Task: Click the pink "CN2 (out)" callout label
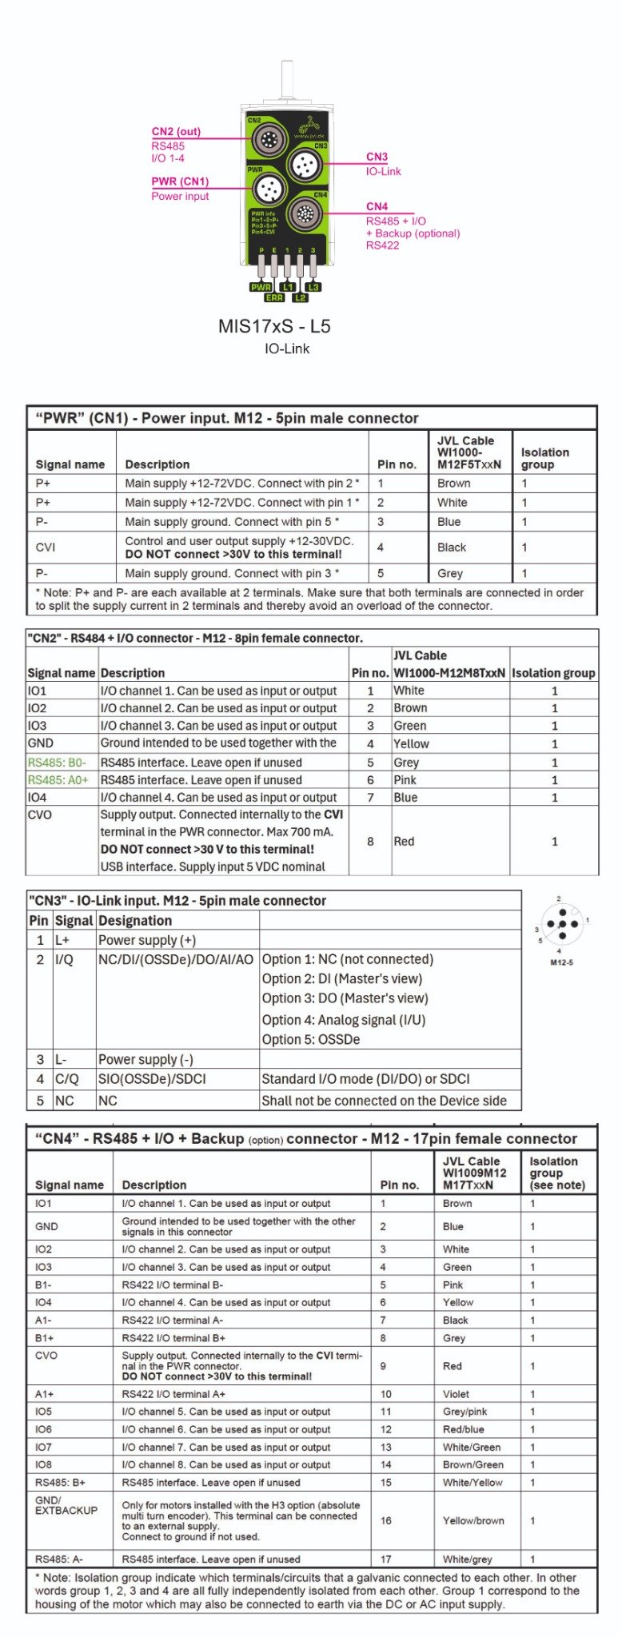point(176,132)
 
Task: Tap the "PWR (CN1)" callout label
point(180,181)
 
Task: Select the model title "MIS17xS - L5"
point(274,326)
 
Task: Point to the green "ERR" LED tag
point(274,297)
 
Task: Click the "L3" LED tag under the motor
point(313,287)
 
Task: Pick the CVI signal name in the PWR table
point(45,548)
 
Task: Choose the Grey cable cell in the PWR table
point(450,573)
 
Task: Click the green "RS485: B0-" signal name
point(57,763)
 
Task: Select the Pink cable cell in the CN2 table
point(405,780)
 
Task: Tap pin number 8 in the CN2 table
point(370,841)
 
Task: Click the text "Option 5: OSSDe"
point(311,1039)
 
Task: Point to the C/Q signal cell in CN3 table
point(66,1078)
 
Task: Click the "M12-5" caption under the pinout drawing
point(561,962)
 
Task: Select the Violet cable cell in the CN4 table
point(456,1394)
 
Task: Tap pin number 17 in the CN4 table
point(386,1559)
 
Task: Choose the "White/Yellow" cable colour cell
point(472,1482)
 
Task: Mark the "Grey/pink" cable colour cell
point(465,1412)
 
